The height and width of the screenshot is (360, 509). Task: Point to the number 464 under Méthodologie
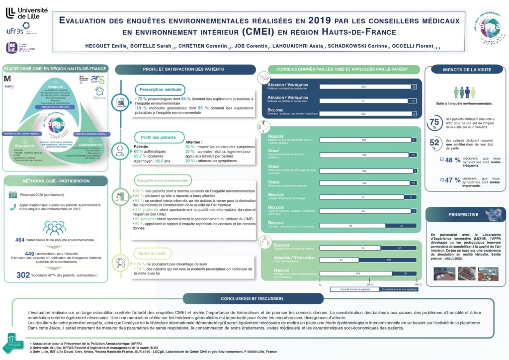tap(20, 240)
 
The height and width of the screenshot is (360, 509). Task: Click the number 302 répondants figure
tap(23, 274)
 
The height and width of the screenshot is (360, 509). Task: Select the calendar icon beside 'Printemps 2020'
tap(12, 194)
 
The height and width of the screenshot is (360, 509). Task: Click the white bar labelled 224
tap(364, 87)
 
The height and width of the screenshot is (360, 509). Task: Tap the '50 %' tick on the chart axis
tap(370, 284)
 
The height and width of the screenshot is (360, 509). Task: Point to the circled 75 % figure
tap(434, 123)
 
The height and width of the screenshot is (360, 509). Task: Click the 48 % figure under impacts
tap(453, 160)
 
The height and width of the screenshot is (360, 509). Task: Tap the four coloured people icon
tap(465, 92)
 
